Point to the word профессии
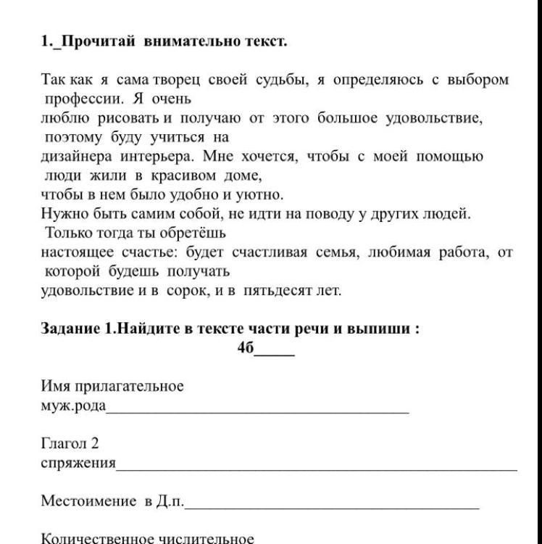tap(80, 98)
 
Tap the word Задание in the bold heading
tap(71, 328)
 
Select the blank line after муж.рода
tap(257, 411)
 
